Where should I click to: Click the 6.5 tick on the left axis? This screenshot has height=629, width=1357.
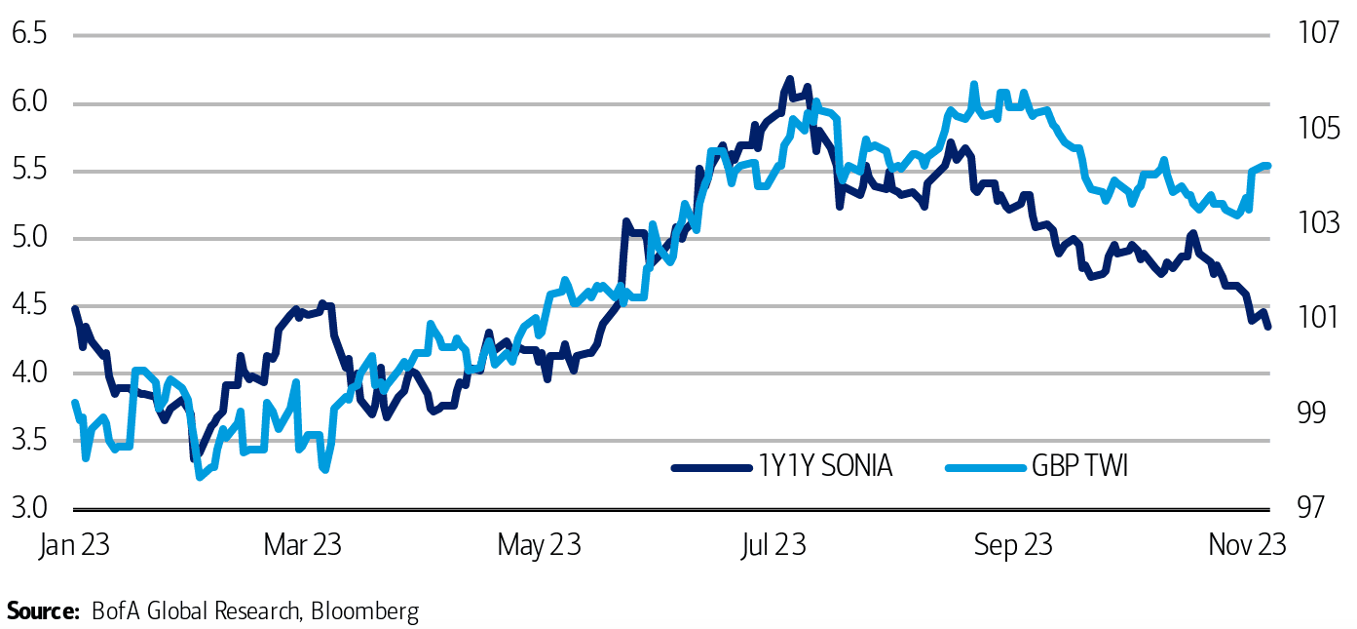coord(29,35)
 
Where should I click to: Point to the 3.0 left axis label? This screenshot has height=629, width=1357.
coord(29,508)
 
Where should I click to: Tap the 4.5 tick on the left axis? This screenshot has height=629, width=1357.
coord(29,305)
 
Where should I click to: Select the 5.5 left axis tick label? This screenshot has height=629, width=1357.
coord(29,171)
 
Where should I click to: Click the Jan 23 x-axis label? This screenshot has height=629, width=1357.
coord(74,545)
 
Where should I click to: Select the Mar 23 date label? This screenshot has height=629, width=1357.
coord(303,545)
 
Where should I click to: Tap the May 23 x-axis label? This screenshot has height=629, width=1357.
coord(539,545)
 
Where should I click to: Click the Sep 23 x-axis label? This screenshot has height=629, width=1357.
coord(1013,545)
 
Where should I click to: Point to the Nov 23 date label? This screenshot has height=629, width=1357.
coord(1247,545)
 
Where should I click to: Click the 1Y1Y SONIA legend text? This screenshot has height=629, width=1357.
coord(825,467)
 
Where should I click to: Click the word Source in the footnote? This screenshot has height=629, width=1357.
coord(42,611)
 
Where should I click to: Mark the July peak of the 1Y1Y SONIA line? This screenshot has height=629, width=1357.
coord(789,79)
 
